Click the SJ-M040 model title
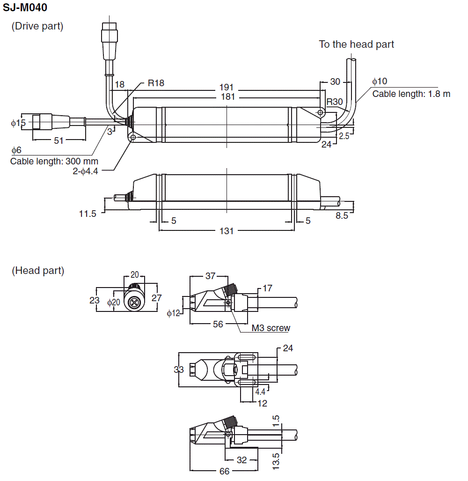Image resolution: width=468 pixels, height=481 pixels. click(x=25, y=7)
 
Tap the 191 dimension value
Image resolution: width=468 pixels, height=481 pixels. click(x=227, y=88)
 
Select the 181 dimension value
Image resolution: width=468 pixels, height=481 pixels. click(x=227, y=97)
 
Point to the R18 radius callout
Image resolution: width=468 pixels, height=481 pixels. click(x=156, y=83)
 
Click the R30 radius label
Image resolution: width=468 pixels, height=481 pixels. click(x=335, y=102)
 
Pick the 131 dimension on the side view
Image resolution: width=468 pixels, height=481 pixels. click(x=227, y=230)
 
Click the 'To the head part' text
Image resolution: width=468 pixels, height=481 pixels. click(x=356, y=44)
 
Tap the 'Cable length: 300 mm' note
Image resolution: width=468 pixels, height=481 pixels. click(x=54, y=162)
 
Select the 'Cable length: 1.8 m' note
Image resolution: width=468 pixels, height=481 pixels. click(x=411, y=94)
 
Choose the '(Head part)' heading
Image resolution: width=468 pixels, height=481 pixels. click(x=38, y=270)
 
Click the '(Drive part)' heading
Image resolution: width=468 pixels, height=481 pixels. click(x=37, y=26)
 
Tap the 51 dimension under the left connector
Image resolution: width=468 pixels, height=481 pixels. click(x=58, y=140)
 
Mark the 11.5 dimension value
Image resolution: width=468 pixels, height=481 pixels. click(x=88, y=214)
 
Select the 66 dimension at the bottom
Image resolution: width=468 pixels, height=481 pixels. click(x=225, y=471)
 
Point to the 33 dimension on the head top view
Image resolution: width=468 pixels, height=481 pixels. click(x=179, y=370)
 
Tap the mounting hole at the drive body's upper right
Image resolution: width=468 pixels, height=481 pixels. click(x=320, y=113)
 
